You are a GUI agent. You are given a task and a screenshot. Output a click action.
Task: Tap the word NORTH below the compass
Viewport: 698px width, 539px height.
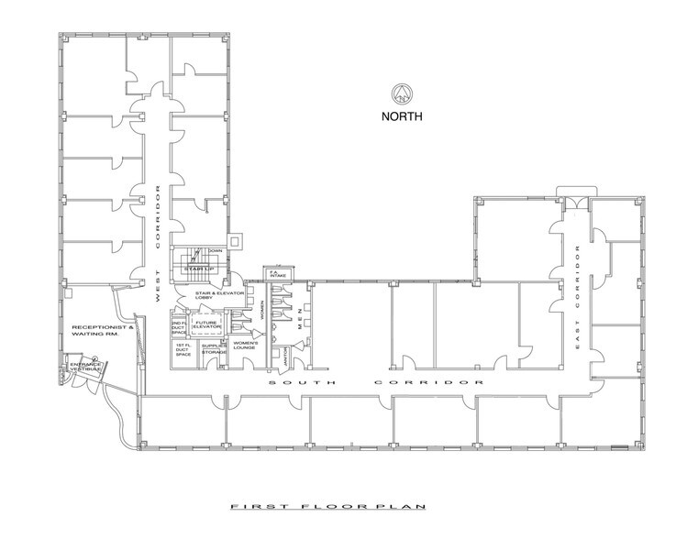[x=402, y=117]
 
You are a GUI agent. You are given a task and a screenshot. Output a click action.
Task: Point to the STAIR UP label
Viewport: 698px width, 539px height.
[x=198, y=268]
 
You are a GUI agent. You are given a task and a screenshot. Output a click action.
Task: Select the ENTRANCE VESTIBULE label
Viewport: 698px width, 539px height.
[x=84, y=368]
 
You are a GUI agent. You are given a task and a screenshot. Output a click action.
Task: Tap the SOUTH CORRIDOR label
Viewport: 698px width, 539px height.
[x=376, y=380]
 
